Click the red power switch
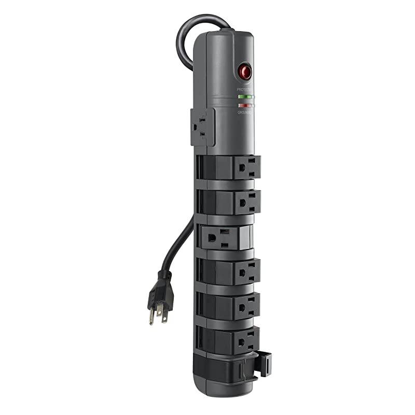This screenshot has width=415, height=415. click(x=245, y=72)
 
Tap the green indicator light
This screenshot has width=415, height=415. click(x=245, y=96)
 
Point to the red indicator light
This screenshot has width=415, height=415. click(x=244, y=105)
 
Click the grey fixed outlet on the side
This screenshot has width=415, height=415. click(x=202, y=127)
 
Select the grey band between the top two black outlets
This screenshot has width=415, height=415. click(x=228, y=185)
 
